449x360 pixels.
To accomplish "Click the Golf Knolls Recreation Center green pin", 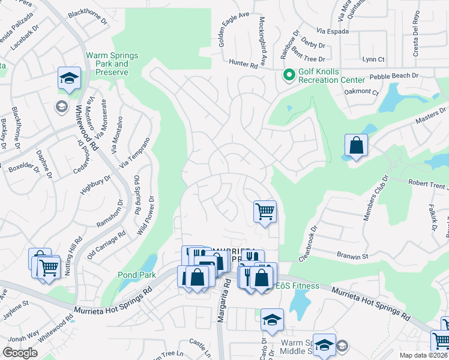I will [x=289, y=75].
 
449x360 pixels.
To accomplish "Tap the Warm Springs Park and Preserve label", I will [x=112, y=64].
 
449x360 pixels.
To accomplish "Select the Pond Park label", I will [x=137, y=275].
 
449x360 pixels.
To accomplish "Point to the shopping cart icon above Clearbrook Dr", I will [x=265, y=211].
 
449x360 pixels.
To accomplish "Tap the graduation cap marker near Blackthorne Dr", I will [x=69, y=78].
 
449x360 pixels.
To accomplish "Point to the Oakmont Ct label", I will [x=361, y=92].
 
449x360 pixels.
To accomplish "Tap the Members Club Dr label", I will [x=375, y=198].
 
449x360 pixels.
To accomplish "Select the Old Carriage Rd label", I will [x=106, y=245].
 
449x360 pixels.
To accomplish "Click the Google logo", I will [x=20, y=353].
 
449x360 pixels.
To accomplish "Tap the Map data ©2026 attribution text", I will [x=424, y=355].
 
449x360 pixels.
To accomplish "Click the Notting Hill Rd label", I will [x=73, y=256].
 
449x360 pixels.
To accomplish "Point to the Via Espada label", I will [x=332, y=31].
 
